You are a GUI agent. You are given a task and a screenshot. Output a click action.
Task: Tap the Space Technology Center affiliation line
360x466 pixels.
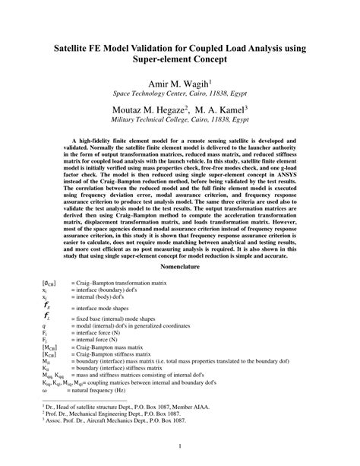pos(180,96)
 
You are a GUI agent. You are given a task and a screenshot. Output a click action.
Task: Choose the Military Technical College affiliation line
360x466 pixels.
pos(180,120)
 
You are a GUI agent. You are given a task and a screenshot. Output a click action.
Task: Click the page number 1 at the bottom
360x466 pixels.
pos(180,446)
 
